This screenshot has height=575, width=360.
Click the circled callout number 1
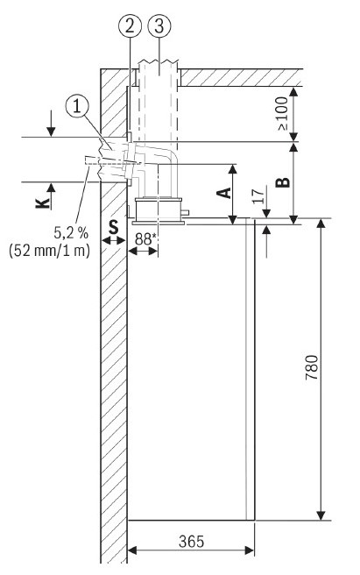point(77,107)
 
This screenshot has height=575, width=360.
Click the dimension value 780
point(312,367)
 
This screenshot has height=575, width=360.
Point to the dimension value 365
point(191,542)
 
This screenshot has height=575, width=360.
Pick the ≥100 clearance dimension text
point(283,113)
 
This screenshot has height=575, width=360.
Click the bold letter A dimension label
point(224,193)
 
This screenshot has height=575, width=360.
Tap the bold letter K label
point(43,202)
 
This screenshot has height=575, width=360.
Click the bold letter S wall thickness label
point(114,227)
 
